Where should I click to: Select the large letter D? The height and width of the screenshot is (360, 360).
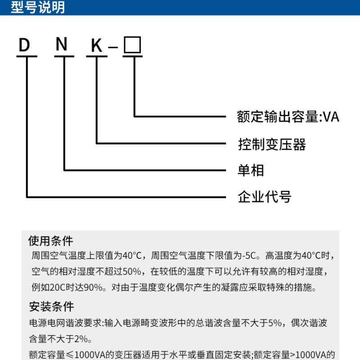coord(24,45)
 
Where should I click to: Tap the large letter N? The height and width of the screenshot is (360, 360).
coord(61,45)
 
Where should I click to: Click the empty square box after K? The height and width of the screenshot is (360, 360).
coord(132,45)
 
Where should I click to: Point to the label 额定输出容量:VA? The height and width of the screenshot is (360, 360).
coord(288,117)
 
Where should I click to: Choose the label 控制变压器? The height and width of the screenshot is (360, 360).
coord(272,144)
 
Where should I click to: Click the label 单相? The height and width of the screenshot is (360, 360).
coord(251,171)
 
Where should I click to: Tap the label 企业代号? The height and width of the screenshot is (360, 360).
coord(264,197)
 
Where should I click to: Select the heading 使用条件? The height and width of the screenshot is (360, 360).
coord(50,240)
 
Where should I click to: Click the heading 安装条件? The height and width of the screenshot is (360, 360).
coord(51,307)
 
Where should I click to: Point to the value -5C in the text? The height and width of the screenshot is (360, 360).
coord(249,256)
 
